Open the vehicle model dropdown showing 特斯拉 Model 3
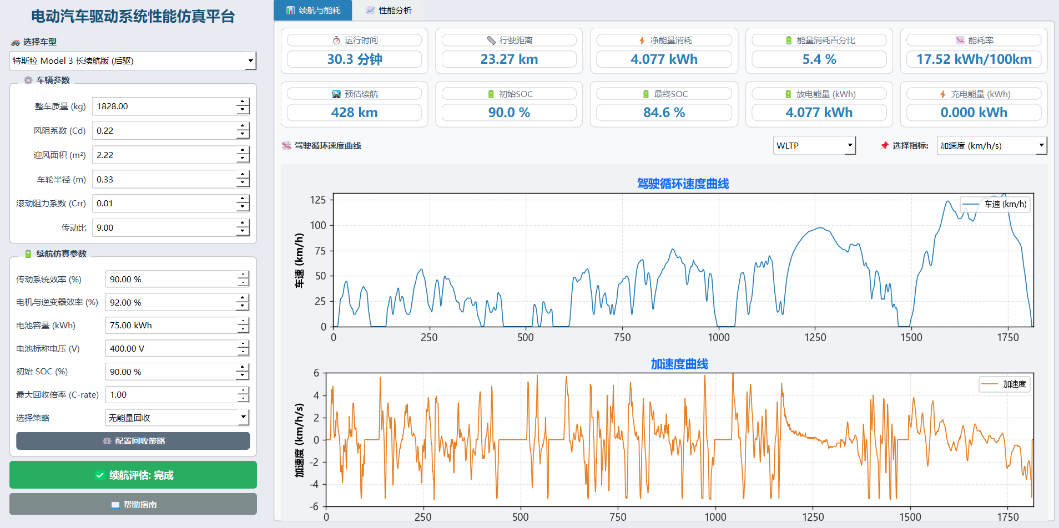tap(133, 61)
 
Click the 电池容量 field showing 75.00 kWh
tap(171, 326)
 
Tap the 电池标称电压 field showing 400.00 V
tap(171, 349)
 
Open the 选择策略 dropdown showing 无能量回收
tap(177, 418)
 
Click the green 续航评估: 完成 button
tap(133, 475)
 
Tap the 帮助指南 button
tap(133, 504)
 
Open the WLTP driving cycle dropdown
tap(814, 146)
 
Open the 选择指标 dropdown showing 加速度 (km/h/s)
tap(992, 146)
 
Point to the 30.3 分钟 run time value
tap(355, 59)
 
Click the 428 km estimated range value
tap(355, 113)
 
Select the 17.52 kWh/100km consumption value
tap(974, 59)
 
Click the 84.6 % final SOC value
tap(664, 113)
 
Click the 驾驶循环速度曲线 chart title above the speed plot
tap(683, 184)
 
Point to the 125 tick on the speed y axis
tap(318, 200)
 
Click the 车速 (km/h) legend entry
tap(995, 204)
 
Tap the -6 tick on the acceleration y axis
tap(315, 506)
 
